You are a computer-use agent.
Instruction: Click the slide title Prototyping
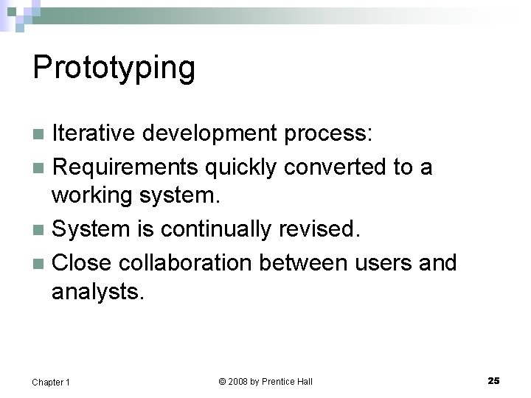pyautogui.click(x=114, y=69)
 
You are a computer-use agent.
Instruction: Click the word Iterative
pyautogui.click(x=94, y=133)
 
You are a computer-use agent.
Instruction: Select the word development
pyautogui.click(x=209, y=133)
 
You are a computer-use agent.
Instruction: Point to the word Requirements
pyautogui.click(x=126, y=167)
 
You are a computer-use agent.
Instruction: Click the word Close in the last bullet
pyautogui.click(x=83, y=262)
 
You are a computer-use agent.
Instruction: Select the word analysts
pyautogui.click(x=97, y=293)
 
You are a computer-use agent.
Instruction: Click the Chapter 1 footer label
pyautogui.click(x=51, y=382)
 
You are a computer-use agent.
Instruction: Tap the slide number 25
pyautogui.click(x=493, y=380)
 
